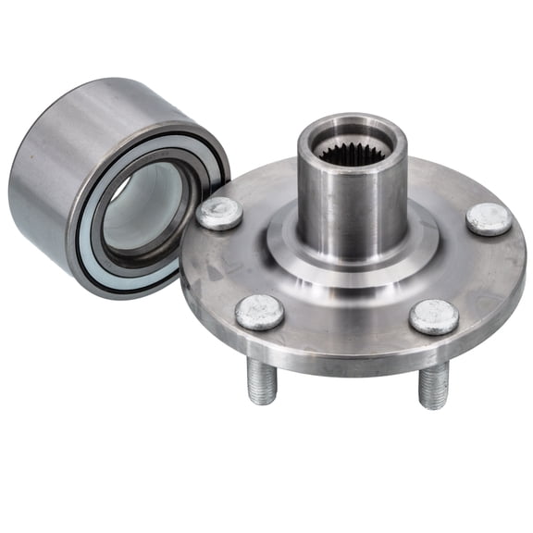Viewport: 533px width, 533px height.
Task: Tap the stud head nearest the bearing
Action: coord(219,213)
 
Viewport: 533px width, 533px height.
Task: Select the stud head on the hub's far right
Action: coord(489,218)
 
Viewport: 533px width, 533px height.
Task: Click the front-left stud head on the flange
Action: coord(259,312)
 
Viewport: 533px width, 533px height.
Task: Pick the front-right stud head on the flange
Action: coord(433,316)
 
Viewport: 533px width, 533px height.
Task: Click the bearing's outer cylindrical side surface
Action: coord(56,176)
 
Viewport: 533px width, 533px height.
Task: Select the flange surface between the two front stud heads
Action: coord(347,319)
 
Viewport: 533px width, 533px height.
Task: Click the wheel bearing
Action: coord(102,185)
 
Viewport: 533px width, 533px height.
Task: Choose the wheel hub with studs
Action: coord(352,268)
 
